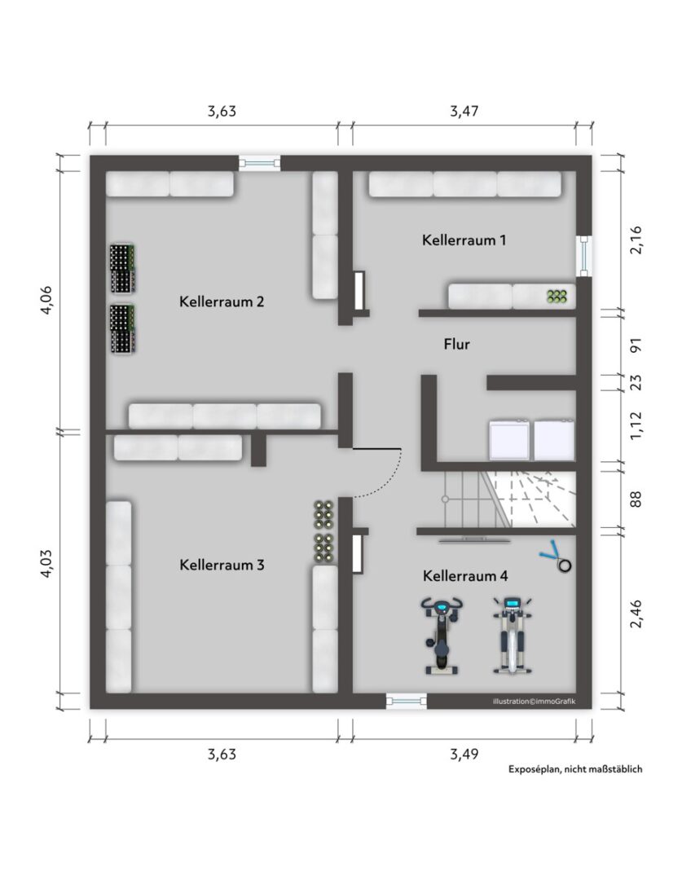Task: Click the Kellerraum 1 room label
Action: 464,240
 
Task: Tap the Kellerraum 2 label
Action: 221,301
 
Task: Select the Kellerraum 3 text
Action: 221,565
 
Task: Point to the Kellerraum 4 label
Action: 464,576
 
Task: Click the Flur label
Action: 456,344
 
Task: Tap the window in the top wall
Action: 259,163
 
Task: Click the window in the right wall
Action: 584,256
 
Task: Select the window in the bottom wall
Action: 407,701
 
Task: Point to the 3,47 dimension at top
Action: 464,111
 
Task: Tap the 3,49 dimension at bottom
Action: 464,754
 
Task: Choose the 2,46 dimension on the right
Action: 636,614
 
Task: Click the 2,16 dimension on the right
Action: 636,240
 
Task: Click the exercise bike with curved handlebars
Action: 442,636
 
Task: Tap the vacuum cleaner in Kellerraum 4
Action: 557,557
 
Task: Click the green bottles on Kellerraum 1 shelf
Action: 557,297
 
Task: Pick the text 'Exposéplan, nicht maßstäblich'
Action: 575,769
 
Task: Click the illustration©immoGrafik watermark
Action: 534,701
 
